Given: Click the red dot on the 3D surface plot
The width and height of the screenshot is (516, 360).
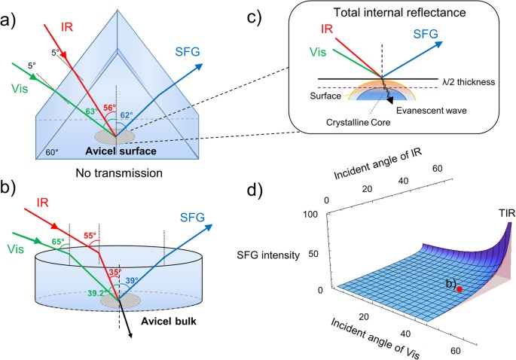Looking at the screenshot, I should pos(460,288).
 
